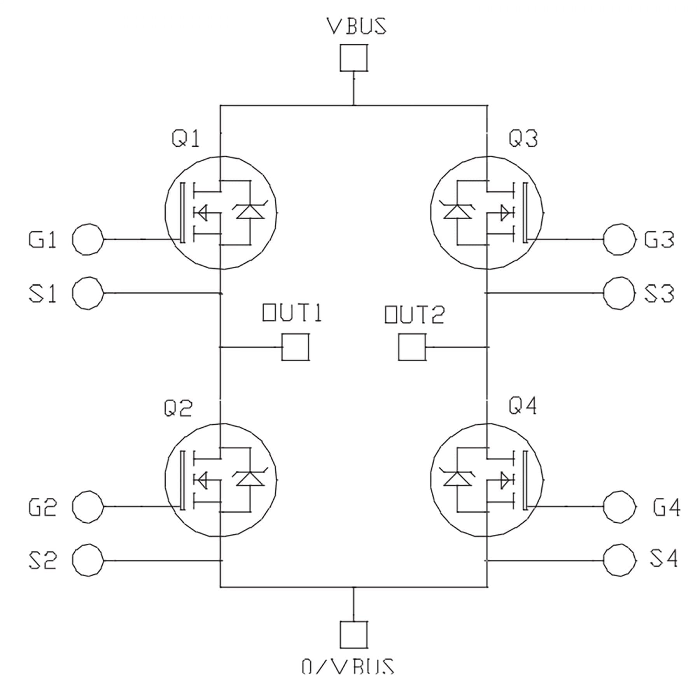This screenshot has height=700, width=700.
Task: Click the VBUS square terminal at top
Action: tap(353, 58)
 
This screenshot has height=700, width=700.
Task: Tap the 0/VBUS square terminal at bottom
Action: tap(353, 634)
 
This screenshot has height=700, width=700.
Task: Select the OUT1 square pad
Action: tap(295, 347)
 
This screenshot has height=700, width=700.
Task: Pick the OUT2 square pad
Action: tap(412, 347)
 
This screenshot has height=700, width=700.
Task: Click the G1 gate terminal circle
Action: tap(88, 239)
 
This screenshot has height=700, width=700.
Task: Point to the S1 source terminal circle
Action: tap(88, 293)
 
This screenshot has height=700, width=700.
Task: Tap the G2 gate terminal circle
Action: tap(88, 506)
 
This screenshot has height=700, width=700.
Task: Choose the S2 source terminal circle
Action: tap(88, 560)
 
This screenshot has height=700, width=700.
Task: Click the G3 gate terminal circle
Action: tap(619, 239)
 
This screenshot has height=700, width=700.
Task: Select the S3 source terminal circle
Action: tap(619, 293)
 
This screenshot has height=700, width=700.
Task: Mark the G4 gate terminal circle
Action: tap(619, 506)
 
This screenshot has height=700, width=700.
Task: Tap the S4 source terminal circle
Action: tap(619, 560)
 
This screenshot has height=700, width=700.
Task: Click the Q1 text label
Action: tap(186, 139)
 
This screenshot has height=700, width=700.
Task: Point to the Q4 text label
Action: tap(523, 406)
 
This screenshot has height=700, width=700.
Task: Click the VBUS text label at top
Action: tap(356, 26)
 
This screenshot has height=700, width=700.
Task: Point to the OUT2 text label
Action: tap(414, 315)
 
